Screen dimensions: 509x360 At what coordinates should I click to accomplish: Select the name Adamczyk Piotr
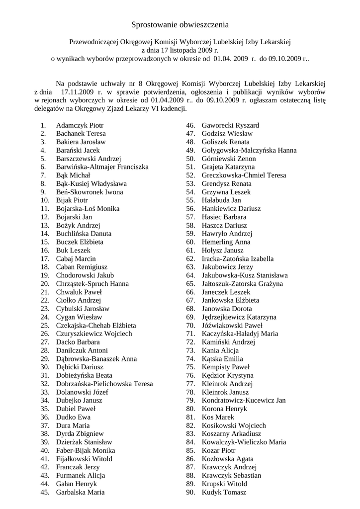click(x=80, y=125)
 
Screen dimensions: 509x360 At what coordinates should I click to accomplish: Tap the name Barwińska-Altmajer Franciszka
click(x=102, y=167)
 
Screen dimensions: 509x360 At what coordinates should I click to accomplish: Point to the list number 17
click(x=45, y=259)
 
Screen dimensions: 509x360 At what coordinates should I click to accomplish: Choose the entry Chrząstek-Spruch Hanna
click(x=92, y=284)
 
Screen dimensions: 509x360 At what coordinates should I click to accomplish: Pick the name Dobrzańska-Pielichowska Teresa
click(x=104, y=384)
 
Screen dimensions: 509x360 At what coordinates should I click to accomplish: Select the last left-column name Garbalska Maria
click(x=80, y=492)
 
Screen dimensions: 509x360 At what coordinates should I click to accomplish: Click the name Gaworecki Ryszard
click(x=230, y=125)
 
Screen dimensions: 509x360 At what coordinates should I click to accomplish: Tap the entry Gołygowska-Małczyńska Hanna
click(x=249, y=150)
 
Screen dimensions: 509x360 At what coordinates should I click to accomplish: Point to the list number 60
click(x=190, y=242)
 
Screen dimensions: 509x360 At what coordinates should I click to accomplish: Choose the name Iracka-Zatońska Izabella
click(x=238, y=259)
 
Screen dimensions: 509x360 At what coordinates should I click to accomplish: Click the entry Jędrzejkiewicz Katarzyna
click(x=239, y=317)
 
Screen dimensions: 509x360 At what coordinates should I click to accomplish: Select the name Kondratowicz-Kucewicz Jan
click(x=244, y=401)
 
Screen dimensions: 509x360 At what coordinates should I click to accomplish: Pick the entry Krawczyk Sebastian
click(x=231, y=476)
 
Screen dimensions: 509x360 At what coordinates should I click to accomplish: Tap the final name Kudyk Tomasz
click(x=224, y=492)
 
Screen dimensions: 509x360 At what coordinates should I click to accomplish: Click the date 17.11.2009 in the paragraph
click(x=79, y=92)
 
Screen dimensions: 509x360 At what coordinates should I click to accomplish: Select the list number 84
click(x=190, y=442)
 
